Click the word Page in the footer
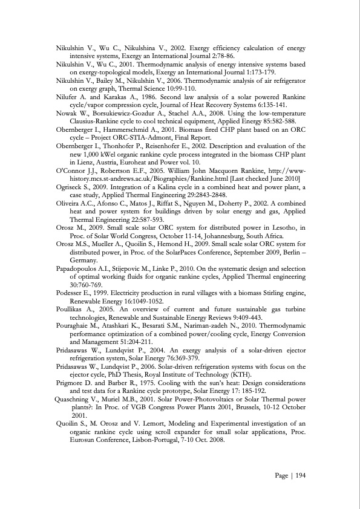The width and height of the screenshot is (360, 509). [281, 476]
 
